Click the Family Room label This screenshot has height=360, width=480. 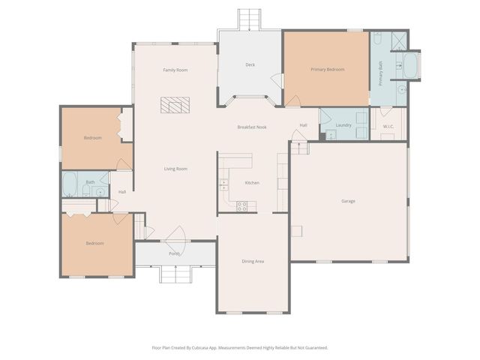point(175,70)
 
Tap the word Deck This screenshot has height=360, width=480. point(250,64)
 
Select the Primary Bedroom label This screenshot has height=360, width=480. point(328,69)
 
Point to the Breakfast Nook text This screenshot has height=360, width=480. point(252,127)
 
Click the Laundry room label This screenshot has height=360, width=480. point(343,125)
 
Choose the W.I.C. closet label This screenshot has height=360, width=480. point(388,126)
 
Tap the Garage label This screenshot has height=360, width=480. point(348,201)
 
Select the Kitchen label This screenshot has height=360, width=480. point(252,183)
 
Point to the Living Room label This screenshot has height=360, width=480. point(175,169)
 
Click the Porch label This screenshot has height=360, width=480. point(174,253)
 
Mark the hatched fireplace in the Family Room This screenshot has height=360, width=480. point(175,105)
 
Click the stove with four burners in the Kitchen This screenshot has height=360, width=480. point(243,205)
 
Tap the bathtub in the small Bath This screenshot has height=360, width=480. point(70,184)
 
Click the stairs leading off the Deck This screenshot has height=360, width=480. point(250,18)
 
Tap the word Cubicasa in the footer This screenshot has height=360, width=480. point(213,347)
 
